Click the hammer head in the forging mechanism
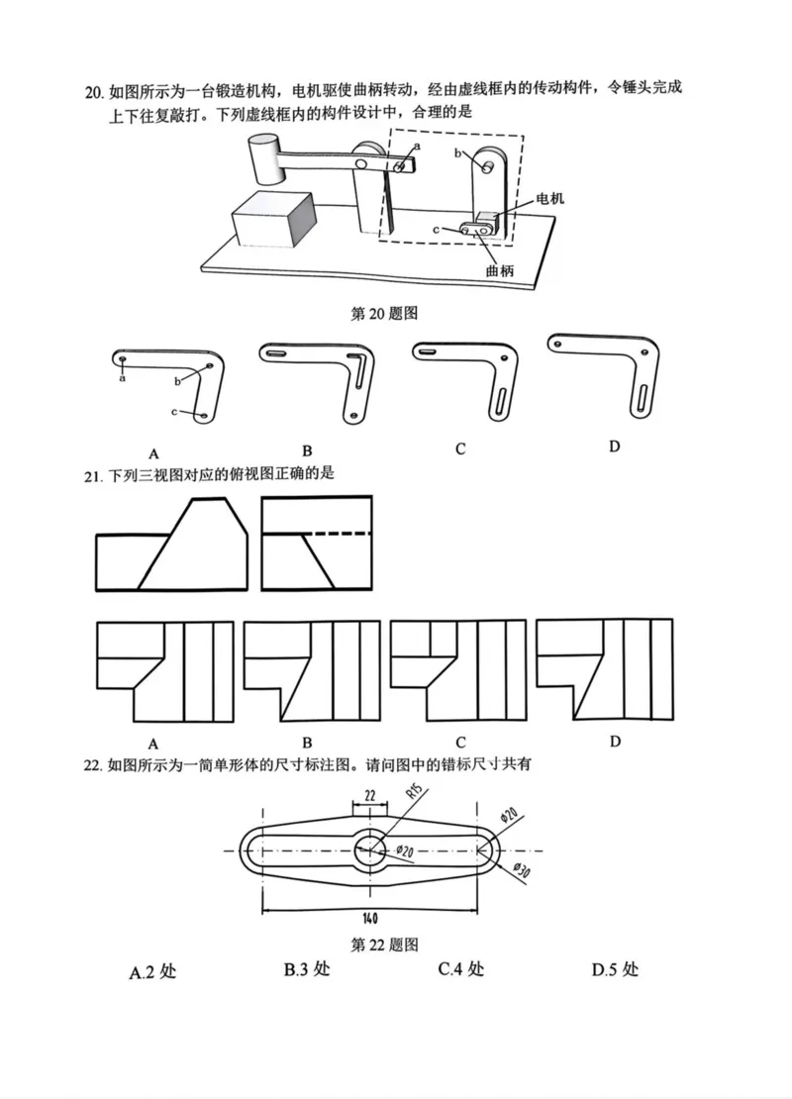264,159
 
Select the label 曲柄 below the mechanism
500,270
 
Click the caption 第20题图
385,314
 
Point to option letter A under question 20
153,448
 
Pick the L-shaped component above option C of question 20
466,380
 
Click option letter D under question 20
614,447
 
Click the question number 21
93,475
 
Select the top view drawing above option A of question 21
164,672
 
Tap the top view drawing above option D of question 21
605,671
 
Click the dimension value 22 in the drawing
368,796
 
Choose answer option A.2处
152,971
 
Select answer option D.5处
615,969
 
